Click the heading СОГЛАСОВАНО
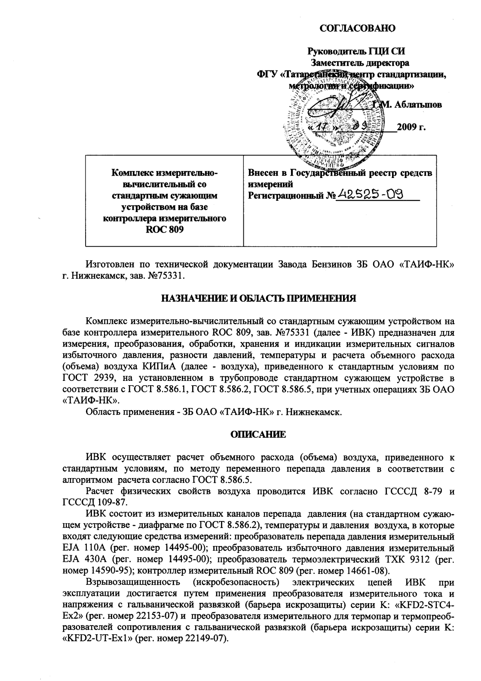click(x=358, y=29)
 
